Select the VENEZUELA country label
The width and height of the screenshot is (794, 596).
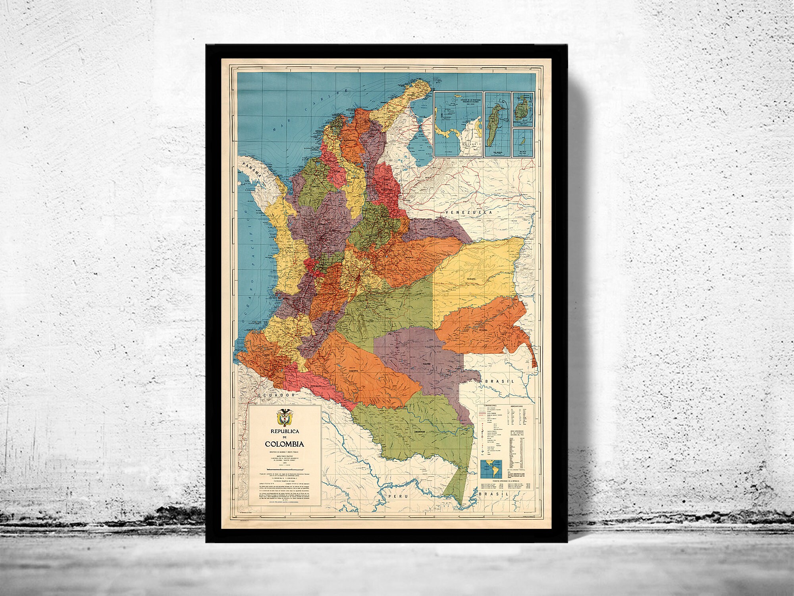pyautogui.click(x=468, y=213)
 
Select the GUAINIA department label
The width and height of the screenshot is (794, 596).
pyautogui.click(x=484, y=341)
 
